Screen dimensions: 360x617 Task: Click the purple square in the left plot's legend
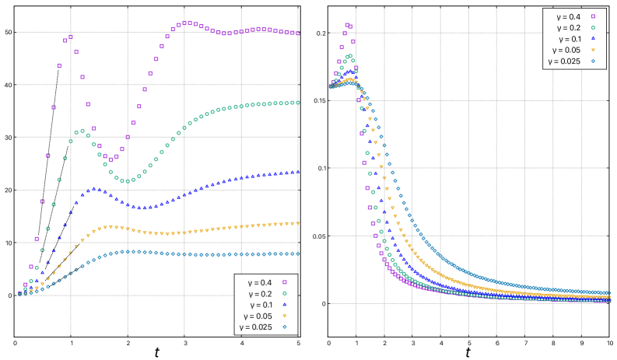pyautogui.click(x=285, y=282)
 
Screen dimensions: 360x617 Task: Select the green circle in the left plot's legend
pyautogui.click(x=285, y=293)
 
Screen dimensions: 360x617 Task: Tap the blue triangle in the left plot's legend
pyautogui.click(x=285, y=304)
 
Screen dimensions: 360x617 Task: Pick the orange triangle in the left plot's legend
pyautogui.click(x=285, y=316)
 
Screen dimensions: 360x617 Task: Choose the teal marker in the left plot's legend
pyautogui.click(x=285, y=327)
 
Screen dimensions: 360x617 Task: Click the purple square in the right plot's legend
pyautogui.click(x=593, y=16)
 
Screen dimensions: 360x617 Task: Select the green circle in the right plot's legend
pyautogui.click(x=593, y=27)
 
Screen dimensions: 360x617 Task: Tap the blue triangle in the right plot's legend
pyautogui.click(x=593, y=38)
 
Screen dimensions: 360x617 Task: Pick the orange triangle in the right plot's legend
pyautogui.click(x=593, y=50)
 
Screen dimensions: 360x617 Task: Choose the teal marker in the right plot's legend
pyautogui.click(x=593, y=61)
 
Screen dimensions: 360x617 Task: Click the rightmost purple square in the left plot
pyautogui.click(x=297, y=33)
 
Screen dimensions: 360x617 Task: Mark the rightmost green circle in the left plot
pyautogui.click(x=297, y=102)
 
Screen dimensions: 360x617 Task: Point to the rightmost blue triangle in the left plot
pyautogui.click(x=297, y=172)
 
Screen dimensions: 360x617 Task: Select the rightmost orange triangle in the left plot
pyautogui.click(x=297, y=223)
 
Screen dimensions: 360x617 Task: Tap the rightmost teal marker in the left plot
pyautogui.click(x=297, y=253)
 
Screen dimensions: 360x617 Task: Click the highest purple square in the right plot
pyautogui.click(x=347, y=25)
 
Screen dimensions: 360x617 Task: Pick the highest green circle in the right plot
pyautogui.click(x=349, y=56)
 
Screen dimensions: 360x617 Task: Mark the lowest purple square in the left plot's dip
pyautogui.click(x=111, y=159)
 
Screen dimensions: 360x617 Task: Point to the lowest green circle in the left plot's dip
pyautogui.click(x=128, y=181)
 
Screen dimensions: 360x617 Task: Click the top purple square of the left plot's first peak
pyautogui.click(x=71, y=37)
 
